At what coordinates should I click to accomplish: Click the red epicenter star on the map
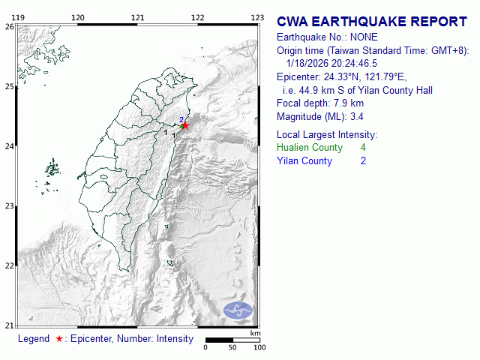click(x=185, y=126)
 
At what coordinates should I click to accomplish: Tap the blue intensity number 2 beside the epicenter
click(x=181, y=119)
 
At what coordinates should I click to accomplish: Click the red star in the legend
click(x=59, y=339)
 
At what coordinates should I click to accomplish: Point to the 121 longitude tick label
click(x=137, y=17)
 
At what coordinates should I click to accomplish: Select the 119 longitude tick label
click(x=20, y=17)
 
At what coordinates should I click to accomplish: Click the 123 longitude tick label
click(x=256, y=17)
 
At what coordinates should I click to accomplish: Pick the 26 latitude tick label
click(x=9, y=26)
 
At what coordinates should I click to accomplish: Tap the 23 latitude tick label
click(x=9, y=205)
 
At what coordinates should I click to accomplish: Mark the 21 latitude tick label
click(x=9, y=325)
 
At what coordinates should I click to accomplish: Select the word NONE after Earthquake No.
click(x=363, y=37)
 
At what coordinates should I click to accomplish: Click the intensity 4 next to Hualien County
click(x=363, y=148)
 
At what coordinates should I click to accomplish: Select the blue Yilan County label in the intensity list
click(x=304, y=161)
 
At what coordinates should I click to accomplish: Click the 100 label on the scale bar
click(x=259, y=347)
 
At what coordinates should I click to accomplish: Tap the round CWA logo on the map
click(x=238, y=310)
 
